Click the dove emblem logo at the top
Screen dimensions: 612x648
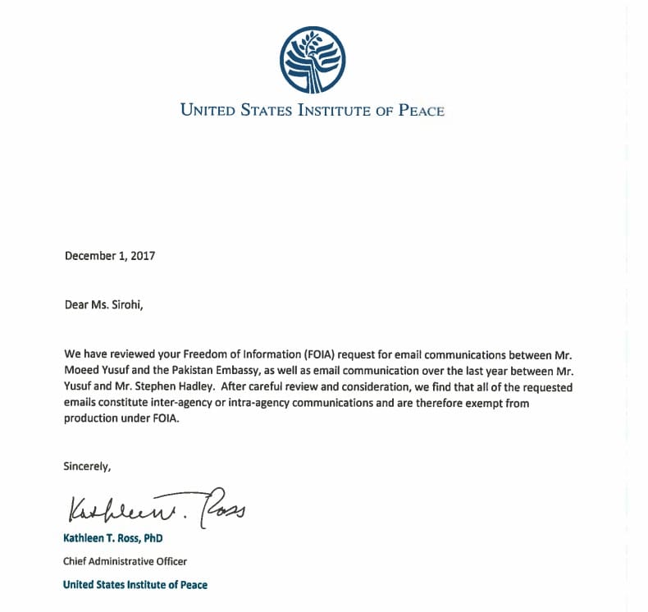coord(312,60)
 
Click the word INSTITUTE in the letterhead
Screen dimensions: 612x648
coord(322,110)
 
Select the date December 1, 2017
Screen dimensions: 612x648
coord(110,255)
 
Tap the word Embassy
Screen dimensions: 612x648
coord(230,371)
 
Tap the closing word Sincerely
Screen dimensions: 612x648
coord(87,466)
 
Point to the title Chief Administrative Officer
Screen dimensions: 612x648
coord(125,561)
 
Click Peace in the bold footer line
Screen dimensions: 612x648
coord(192,585)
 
